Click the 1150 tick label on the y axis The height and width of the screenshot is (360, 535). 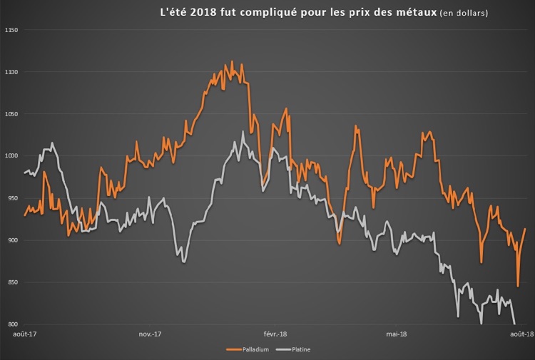point(10,30)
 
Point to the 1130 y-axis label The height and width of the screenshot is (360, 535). point(10,72)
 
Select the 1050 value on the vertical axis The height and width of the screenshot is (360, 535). point(10,114)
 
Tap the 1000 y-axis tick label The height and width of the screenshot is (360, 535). point(10,156)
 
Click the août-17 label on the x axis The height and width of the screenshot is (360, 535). point(25,334)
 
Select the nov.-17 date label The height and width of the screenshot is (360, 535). point(150,334)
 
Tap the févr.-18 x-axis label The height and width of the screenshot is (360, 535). point(275,334)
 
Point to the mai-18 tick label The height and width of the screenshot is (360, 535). point(397,334)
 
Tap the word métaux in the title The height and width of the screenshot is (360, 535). point(413,12)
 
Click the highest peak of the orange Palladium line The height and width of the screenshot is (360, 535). point(232,62)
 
